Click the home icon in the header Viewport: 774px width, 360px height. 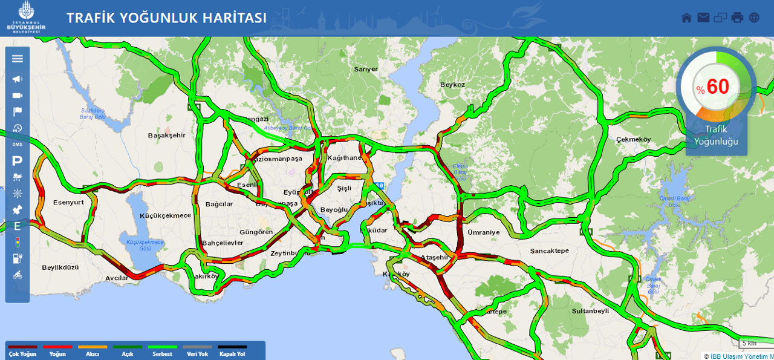tap(686, 18)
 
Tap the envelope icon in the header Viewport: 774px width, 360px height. tap(703, 18)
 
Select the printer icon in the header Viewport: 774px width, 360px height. tap(737, 18)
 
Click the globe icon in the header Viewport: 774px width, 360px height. tap(754, 18)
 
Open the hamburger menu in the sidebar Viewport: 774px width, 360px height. tap(17, 59)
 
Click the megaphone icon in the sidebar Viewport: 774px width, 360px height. tap(17, 79)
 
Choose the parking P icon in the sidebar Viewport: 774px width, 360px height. tap(17, 160)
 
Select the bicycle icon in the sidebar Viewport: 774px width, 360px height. tap(17, 275)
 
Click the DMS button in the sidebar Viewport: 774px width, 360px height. tap(17, 144)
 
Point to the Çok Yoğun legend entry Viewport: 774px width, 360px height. tap(22, 350)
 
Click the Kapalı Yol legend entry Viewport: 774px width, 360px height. tap(232, 350)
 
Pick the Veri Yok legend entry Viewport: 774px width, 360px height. tap(198, 350)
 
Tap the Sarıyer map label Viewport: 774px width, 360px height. tap(366, 69)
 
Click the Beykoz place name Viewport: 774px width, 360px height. tap(452, 85)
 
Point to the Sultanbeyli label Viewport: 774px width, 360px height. tap(590, 311)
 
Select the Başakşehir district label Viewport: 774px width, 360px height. tap(166, 136)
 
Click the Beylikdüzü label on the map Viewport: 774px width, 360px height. tap(60, 267)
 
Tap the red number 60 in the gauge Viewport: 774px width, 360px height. tap(718, 87)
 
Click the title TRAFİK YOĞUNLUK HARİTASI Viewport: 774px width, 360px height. tap(166, 18)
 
